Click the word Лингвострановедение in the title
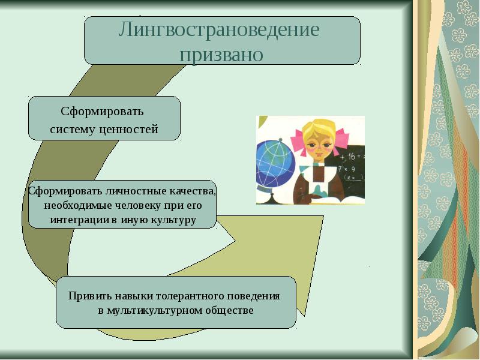tap(219, 30)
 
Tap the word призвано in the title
tap(221, 55)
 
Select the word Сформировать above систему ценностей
tap(102, 112)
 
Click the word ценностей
tap(129, 129)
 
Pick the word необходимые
tap(78, 205)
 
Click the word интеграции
tap(79, 220)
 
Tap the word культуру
tap(170, 220)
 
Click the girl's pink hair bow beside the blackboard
tap(340, 141)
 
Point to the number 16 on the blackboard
tap(352, 157)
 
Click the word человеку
tap(138, 205)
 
